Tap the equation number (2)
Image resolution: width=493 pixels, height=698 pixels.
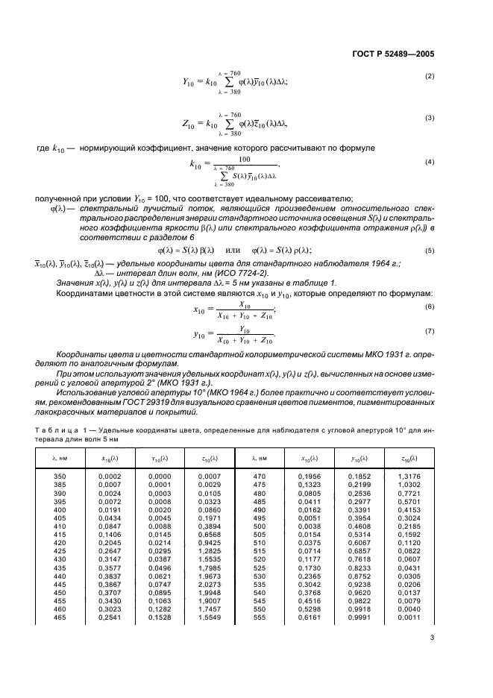click(x=430, y=77)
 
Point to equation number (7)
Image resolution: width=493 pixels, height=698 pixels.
click(x=430, y=330)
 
